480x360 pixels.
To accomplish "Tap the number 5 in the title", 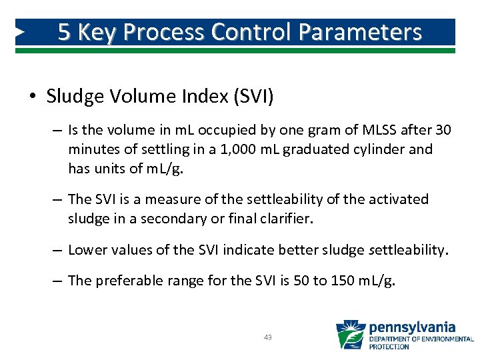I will click(x=64, y=32).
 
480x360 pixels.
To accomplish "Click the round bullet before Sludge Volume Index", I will click(x=33, y=97).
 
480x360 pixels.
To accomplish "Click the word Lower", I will click(x=88, y=250).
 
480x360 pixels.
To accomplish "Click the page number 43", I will click(x=267, y=338).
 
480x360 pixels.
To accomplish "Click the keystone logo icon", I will click(x=350, y=335).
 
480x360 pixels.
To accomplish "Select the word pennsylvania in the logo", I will click(x=412, y=327).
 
